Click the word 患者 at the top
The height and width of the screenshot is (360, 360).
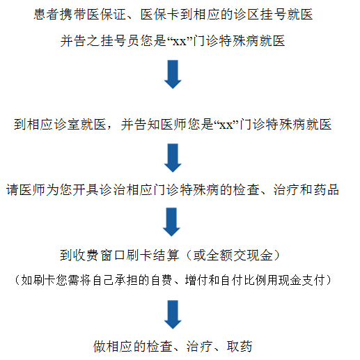[x=47, y=15]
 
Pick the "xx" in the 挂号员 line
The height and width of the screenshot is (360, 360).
[x=180, y=42]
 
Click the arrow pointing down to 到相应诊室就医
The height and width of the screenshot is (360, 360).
[x=173, y=75]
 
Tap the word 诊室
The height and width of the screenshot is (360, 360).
[x=67, y=124]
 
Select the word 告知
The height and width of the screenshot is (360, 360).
[x=147, y=124]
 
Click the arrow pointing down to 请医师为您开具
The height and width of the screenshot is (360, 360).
[x=173, y=158]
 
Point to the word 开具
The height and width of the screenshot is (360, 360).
[x=86, y=189]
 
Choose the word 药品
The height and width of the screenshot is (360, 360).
[x=326, y=189]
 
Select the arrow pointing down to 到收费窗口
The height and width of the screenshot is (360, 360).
[x=171, y=222]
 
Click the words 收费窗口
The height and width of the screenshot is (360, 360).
[x=100, y=256]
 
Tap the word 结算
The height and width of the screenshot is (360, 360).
[x=166, y=256]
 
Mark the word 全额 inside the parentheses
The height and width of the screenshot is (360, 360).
[x=219, y=256]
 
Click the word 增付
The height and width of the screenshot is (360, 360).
[x=196, y=280]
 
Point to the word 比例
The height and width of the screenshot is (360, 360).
[x=255, y=280]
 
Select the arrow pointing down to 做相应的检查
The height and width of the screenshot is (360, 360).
[x=173, y=315]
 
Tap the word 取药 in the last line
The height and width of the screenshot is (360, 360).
[x=240, y=347]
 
